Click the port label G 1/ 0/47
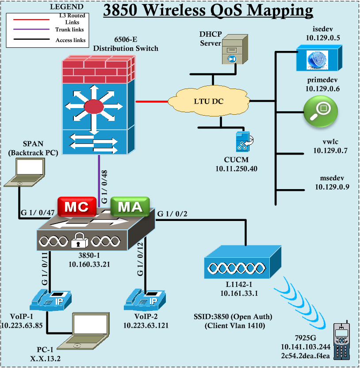pos(37,213)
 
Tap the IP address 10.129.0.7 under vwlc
pos(329,151)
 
